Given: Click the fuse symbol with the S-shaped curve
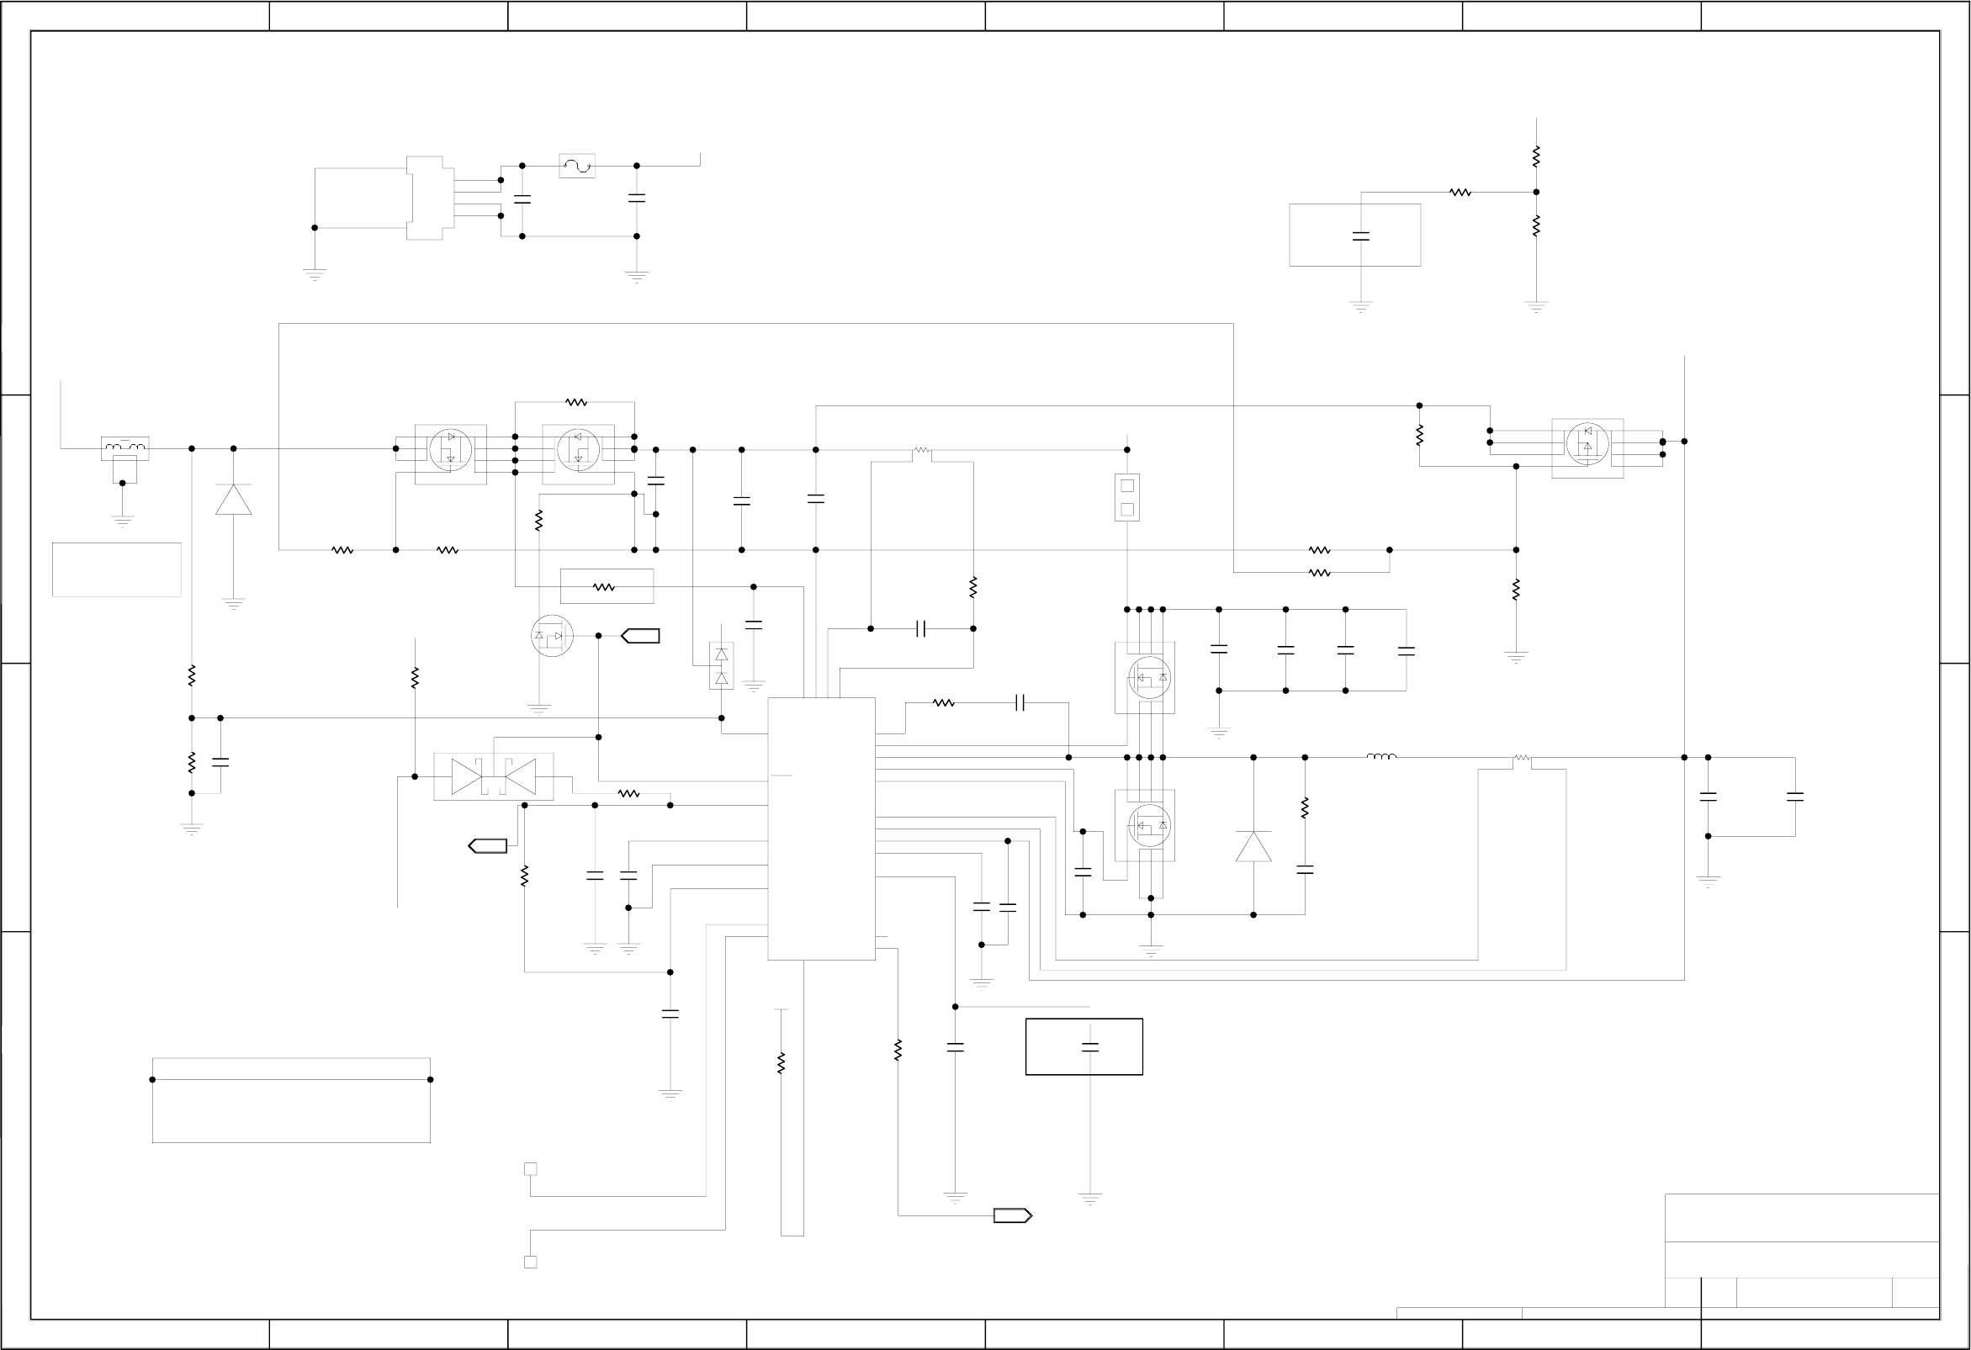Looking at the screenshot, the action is click(x=577, y=167).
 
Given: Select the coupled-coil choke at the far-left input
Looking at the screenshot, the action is click(x=125, y=447).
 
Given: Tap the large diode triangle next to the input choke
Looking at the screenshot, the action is click(x=233, y=500).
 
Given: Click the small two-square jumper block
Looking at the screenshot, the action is click(x=1126, y=497).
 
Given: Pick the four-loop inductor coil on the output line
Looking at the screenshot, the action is click(x=1380, y=756).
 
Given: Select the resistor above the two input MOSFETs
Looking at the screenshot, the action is click(x=576, y=402).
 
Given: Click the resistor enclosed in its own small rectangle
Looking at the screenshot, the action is click(x=607, y=586).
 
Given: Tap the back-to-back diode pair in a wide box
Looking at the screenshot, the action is click(x=494, y=776).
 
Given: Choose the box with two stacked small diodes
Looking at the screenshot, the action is click(x=721, y=665).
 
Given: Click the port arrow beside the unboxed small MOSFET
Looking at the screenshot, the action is click(x=640, y=636).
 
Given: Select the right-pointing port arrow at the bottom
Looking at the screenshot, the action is click(x=1013, y=1216).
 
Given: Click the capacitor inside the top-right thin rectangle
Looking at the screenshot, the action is click(x=1360, y=236).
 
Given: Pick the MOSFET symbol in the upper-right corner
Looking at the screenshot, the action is click(x=1587, y=444).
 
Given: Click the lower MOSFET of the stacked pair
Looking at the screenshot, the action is click(x=1149, y=825).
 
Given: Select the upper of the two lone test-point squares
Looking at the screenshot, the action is click(x=530, y=1169).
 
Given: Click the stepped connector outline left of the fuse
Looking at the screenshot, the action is click(x=425, y=198).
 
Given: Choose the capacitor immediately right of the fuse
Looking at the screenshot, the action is click(x=636, y=198).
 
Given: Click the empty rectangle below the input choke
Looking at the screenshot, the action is click(x=116, y=569).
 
